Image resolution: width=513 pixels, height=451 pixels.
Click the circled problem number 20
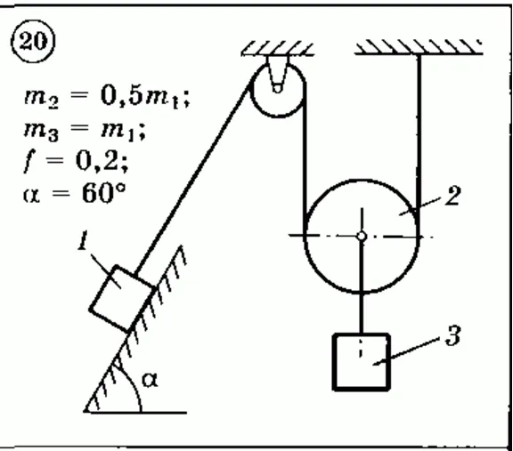click(x=33, y=42)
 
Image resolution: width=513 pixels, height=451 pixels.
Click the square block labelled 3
click(x=362, y=362)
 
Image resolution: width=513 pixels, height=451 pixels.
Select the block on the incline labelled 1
click(x=122, y=299)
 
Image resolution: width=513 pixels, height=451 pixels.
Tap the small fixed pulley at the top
click(x=278, y=89)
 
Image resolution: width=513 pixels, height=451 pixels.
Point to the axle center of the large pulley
click(x=362, y=236)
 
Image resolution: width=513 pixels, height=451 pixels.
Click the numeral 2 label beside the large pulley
click(x=452, y=196)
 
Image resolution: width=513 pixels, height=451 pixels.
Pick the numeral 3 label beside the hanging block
click(x=453, y=335)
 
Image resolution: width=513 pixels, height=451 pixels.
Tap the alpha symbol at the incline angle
click(x=150, y=380)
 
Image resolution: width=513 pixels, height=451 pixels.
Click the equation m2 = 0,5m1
click(x=107, y=97)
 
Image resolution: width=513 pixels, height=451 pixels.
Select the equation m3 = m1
click(x=85, y=131)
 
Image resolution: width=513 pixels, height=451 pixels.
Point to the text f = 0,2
click(x=76, y=162)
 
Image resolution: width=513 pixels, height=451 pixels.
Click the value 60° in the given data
click(x=103, y=193)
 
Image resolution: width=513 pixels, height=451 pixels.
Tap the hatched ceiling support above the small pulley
click(x=278, y=48)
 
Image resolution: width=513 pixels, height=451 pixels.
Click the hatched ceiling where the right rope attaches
click(x=419, y=47)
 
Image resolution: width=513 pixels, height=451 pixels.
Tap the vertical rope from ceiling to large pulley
click(x=419, y=144)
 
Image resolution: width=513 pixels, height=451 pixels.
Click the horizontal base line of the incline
click(x=135, y=413)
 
